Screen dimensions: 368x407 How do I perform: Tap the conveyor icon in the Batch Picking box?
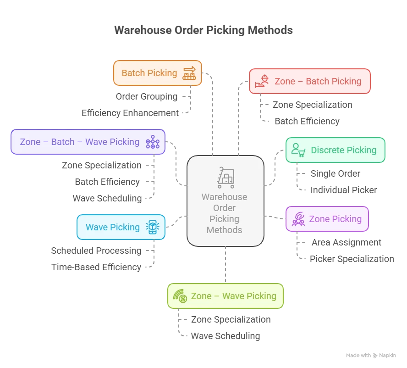click(x=189, y=73)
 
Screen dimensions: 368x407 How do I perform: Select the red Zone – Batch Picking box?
click(x=309, y=81)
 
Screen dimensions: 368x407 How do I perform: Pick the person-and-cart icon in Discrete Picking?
click(x=298, y=150)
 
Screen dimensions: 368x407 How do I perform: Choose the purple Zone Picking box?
click(x=327, y=219)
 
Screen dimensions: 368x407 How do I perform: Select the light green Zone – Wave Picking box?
click(x=225, y=296)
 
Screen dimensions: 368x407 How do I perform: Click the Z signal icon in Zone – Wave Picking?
click(x=180, y=296)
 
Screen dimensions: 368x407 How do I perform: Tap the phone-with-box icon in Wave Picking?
click(x=152, y=227)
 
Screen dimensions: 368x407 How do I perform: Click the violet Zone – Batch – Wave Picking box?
click(x=88, y=142)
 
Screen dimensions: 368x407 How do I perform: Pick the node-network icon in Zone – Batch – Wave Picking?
click(x=152, y=142)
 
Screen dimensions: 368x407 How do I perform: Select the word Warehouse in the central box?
click(x=225, y=197)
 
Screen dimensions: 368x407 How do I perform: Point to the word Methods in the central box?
click(x=225, y=230)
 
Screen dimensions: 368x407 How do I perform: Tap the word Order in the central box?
click(x=225, y=208)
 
